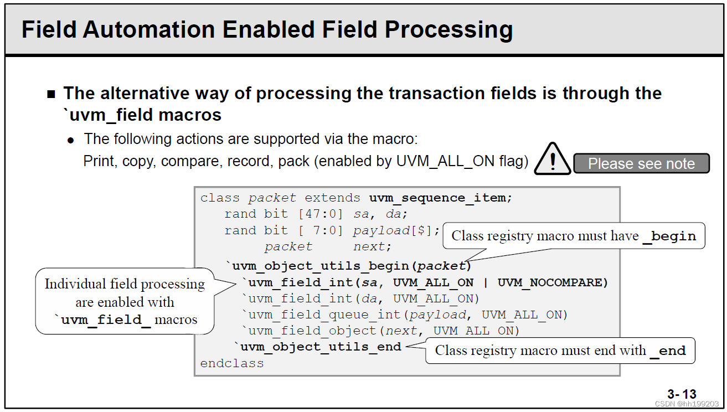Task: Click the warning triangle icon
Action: point(553,159)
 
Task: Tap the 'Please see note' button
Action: point(641,163)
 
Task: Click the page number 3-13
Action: point(682,394)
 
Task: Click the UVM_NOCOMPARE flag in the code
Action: point(553,282)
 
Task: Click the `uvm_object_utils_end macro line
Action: point(318,347)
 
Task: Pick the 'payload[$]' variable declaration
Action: point(396,230)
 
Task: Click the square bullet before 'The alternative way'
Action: point(51,94)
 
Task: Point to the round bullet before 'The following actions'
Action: point(70,140)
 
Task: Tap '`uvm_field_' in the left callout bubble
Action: point(102,320)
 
